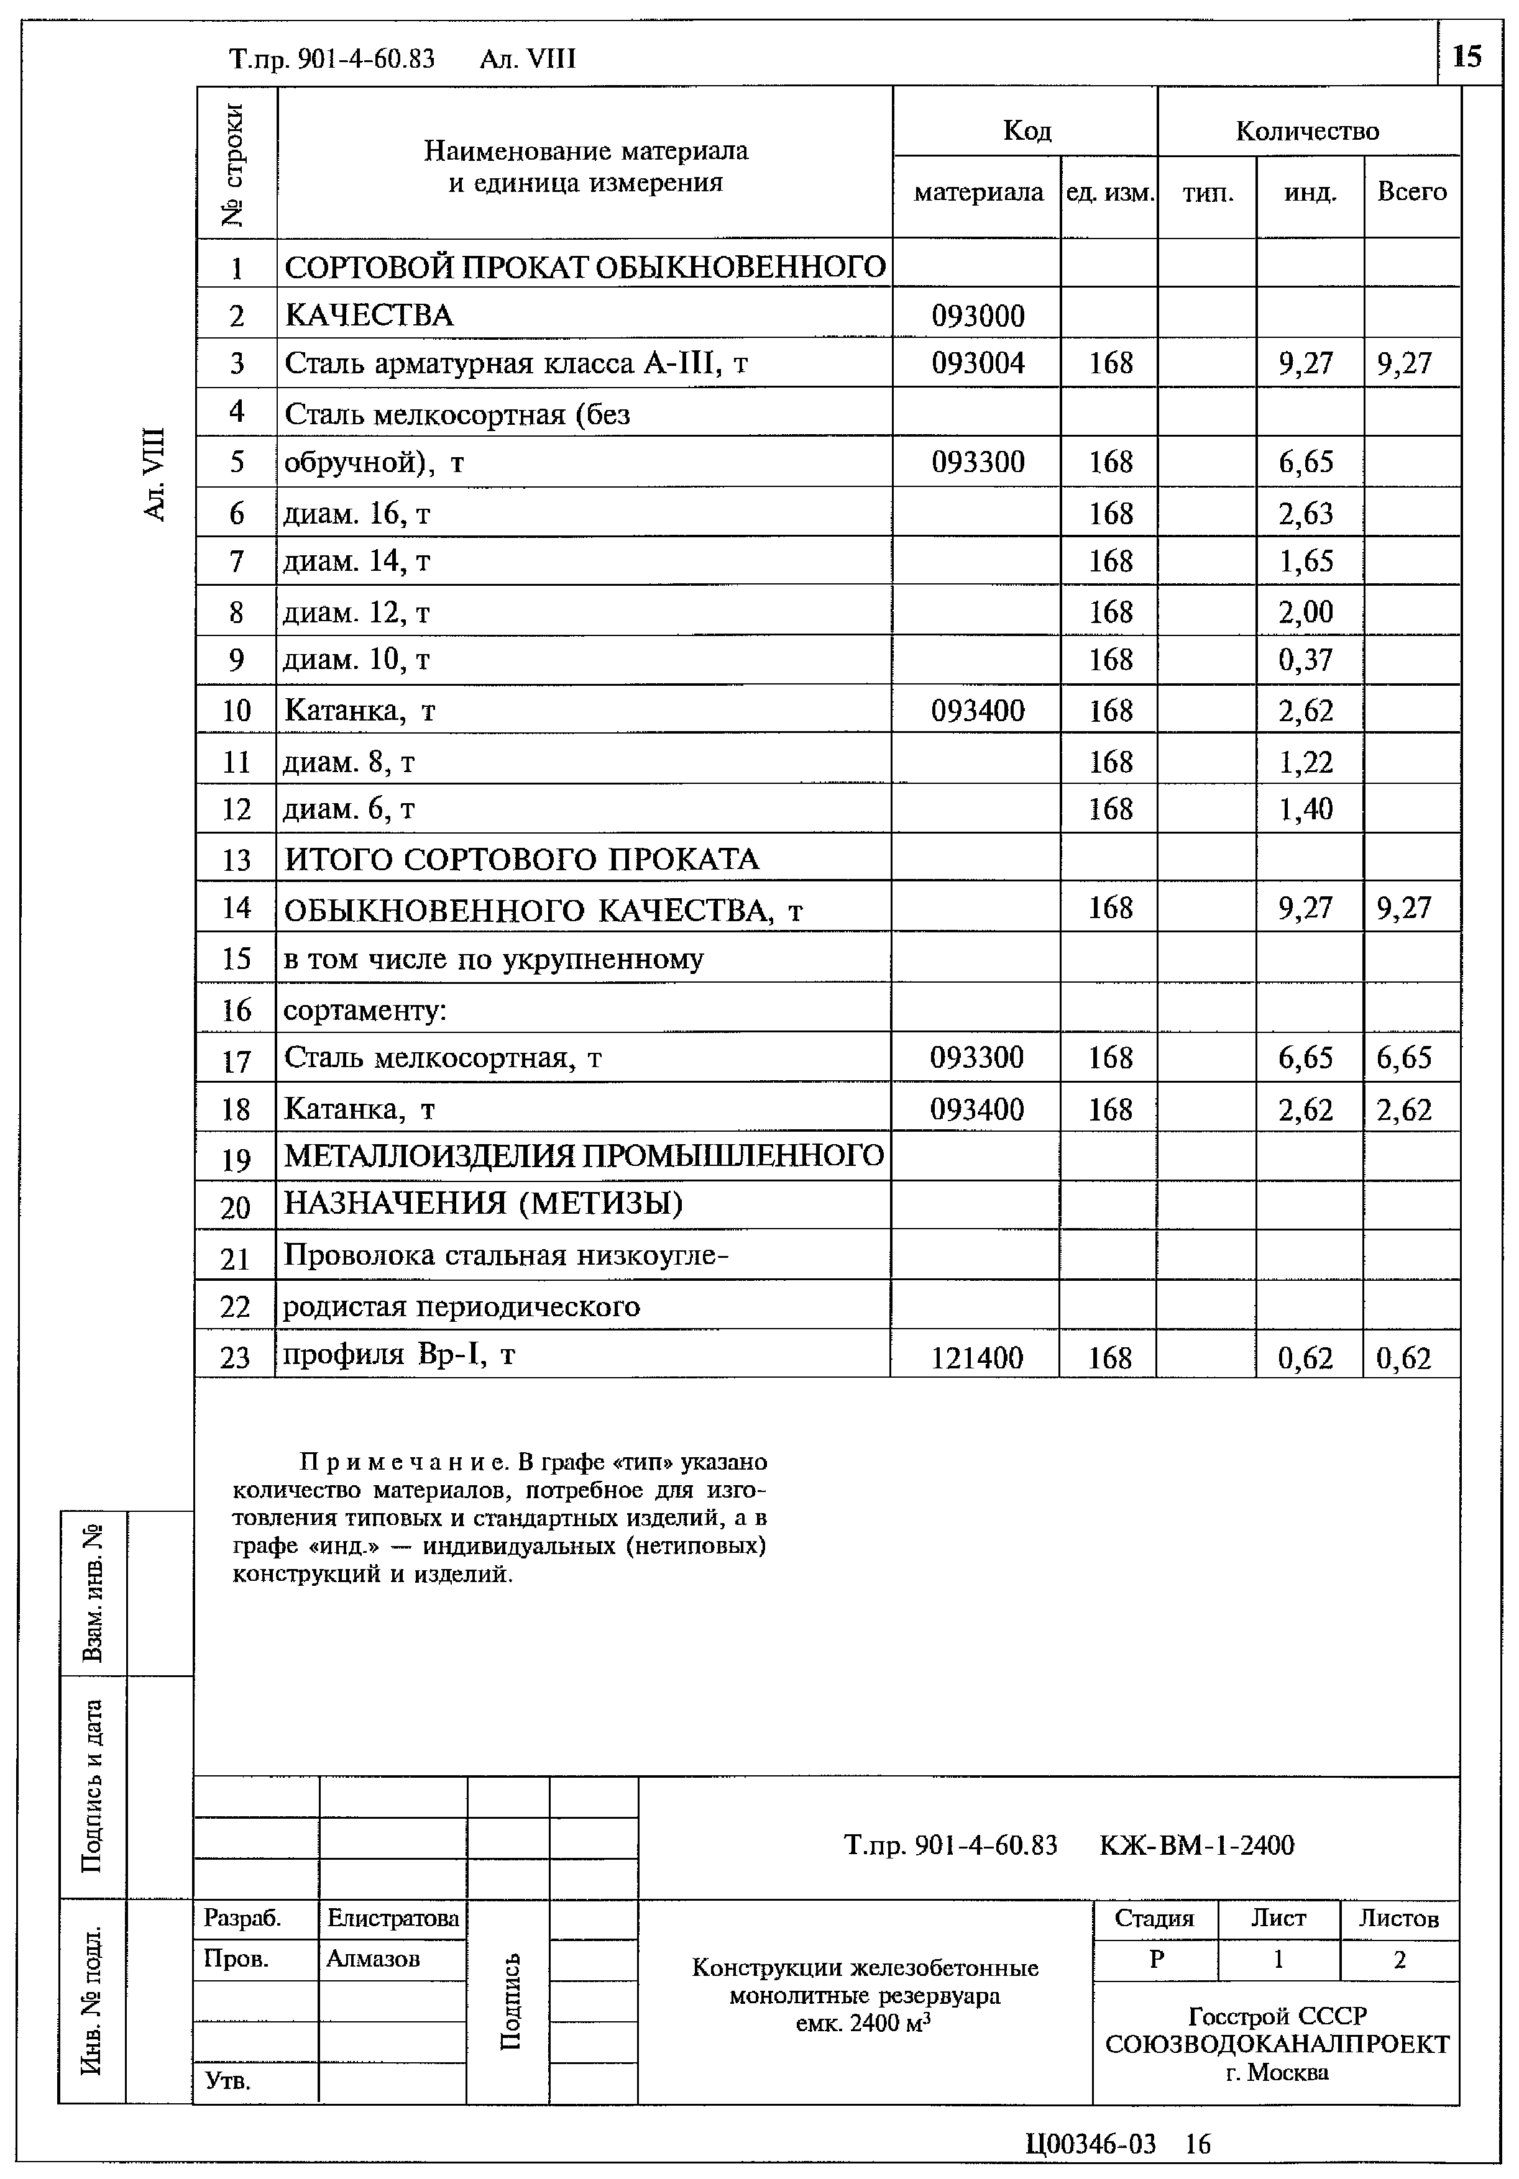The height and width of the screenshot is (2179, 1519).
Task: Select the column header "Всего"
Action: [1411, 193]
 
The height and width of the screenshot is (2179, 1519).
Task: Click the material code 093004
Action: [977, 363]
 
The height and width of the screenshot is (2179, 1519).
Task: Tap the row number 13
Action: [236, 860]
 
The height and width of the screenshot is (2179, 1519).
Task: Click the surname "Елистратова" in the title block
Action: [392, 1919]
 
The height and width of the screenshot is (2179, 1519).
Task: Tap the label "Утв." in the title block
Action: [228, 2082]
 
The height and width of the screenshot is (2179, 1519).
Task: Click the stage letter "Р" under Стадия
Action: [1155, 1960]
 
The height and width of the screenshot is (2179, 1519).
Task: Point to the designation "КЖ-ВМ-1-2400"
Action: [1196, 1845]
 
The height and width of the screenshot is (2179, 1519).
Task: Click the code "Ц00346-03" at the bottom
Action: [1091, 2144]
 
